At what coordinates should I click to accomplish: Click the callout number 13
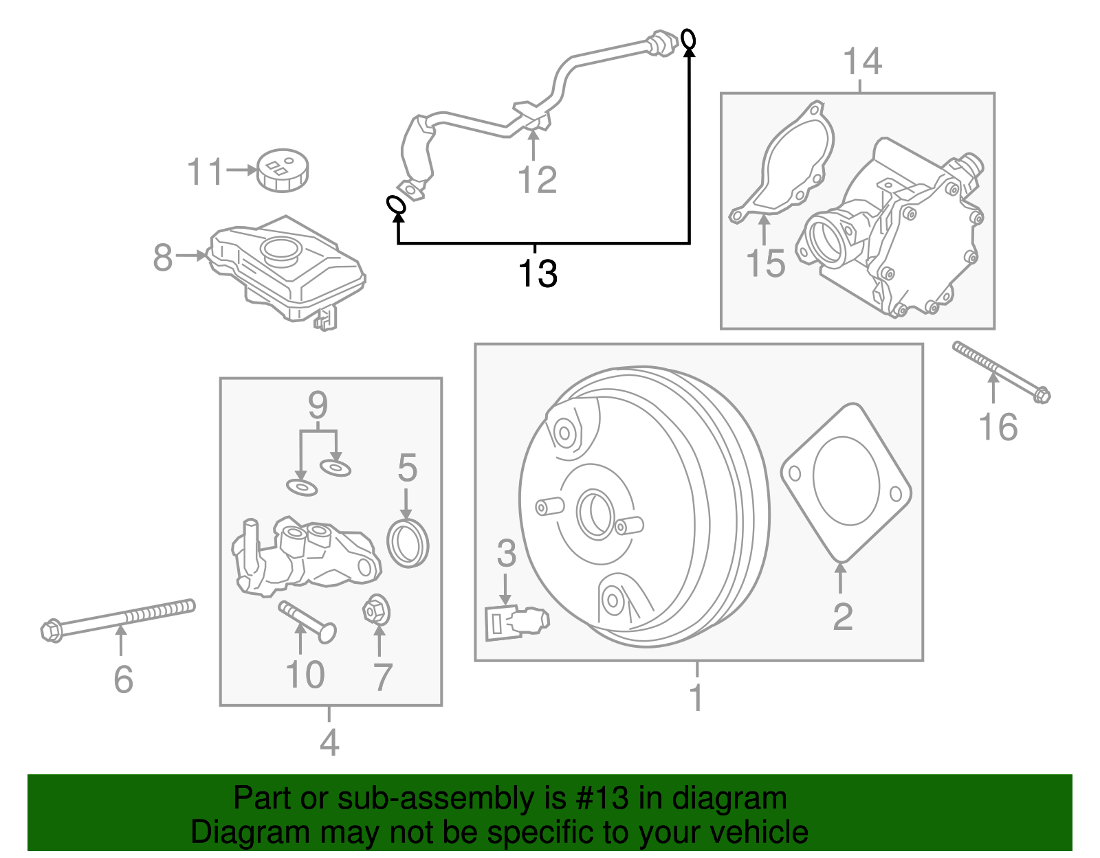[x=537, y=273]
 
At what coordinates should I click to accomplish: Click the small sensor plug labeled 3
[x=516, y=622]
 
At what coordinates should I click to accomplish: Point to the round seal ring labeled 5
[x=408, y=543]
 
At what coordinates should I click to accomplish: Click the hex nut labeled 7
[x=376, y=610]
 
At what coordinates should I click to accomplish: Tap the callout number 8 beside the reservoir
[x=163, y=258]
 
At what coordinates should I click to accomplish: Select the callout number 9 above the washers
[x=318, y=405]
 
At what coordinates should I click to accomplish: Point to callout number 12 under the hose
[x=537, y=180]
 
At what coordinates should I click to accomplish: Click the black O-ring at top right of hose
[x=688, y=39]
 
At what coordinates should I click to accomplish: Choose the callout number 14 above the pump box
[x=862, y=62]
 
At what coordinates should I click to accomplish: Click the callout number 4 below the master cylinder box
[x=329, y=743]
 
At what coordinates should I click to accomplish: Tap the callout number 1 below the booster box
[x=696, y=697]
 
